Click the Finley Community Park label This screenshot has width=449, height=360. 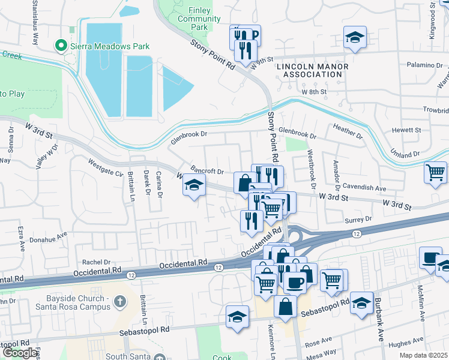(x=197, y=19)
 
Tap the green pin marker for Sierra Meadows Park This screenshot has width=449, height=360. (x=60, y=46)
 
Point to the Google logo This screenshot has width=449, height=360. (x=19, y=353)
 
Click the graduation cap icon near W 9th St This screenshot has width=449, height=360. (x=355, y=37)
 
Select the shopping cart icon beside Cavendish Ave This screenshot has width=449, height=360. (x=435, y=172)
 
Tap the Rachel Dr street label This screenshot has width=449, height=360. (x=97, y=262)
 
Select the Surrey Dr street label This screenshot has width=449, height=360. (x=359, y=219)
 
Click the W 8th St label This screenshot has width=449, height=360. (x=314, y=92)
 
